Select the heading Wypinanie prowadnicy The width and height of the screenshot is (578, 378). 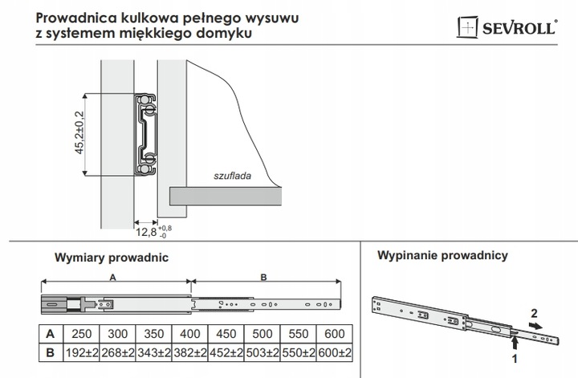pos(442,257)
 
